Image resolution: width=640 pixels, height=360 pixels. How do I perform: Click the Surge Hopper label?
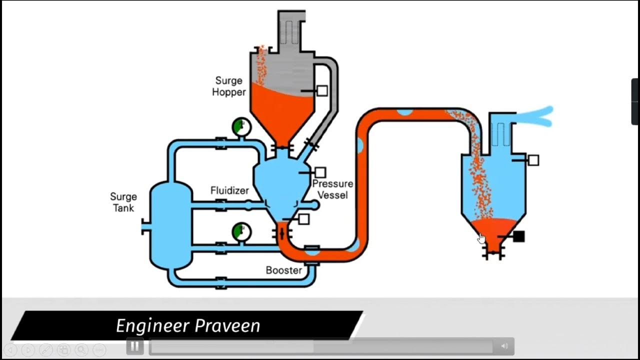(228, 86)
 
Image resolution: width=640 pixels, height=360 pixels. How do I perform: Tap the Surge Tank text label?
(123, 202)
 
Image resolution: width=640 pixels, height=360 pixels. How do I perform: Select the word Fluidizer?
(229, 190)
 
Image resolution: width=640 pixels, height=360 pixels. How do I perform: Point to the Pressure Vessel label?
(332, 189)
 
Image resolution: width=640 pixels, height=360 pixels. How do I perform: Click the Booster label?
(283, 270)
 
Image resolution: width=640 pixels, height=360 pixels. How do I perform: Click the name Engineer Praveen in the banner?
(188, 326)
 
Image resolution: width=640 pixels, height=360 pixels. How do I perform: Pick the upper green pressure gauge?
(241, 127)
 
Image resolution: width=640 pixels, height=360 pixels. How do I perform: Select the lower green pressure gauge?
(241, 232)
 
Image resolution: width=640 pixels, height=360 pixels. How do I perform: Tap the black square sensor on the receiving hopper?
(518, 236)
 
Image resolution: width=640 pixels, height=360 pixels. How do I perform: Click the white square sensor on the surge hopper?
(322, 90)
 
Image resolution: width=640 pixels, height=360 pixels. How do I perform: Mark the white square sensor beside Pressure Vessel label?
(320, 172)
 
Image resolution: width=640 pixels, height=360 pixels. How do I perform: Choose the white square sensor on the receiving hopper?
(533, 160)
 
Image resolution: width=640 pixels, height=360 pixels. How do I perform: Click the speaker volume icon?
(504, 346)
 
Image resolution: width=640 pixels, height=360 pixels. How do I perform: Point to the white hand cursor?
(481, 238)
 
